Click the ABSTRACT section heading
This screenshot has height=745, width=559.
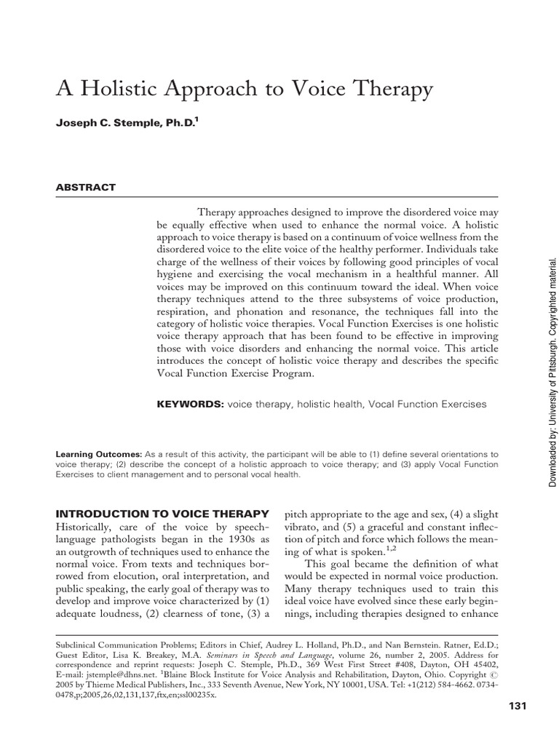[x=86, y=187]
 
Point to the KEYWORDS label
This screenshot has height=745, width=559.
[x=191, y=403]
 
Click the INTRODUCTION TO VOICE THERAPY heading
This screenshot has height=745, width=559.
[x=163, y=493]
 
